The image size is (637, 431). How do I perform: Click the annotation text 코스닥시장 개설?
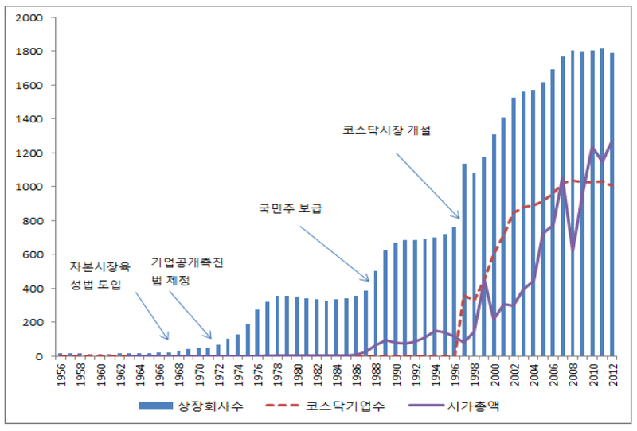pyautogui.click(x=381, y=131)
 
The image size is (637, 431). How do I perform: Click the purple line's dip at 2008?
pyautogui.click(x=572, y=250)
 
